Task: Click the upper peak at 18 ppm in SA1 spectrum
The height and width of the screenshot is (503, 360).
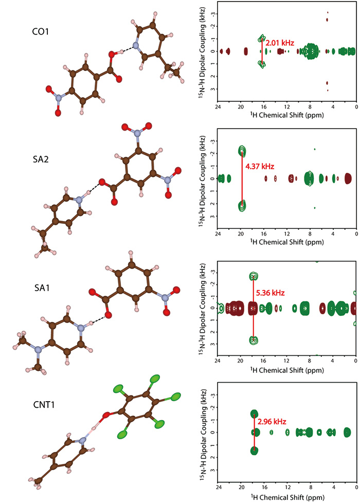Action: pyautogui.click(x=253, y=276)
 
